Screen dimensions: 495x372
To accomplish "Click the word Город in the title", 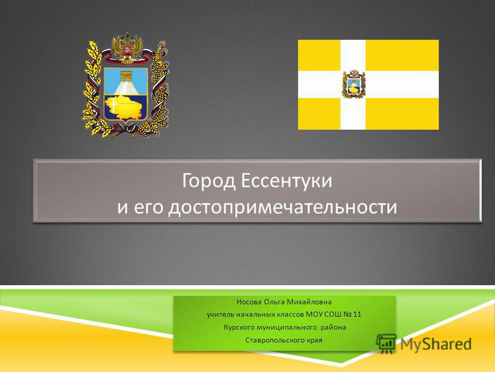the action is click(209, 182).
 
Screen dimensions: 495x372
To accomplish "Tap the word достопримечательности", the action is click(282, 208).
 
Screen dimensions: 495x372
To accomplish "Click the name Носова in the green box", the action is click(249, 302).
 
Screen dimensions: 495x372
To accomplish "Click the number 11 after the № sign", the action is click(357, 314).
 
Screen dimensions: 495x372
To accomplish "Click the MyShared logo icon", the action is click(386, 343).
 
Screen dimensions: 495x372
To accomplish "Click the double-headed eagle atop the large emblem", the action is click(127, 48).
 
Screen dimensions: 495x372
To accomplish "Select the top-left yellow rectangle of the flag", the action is click(319, 55).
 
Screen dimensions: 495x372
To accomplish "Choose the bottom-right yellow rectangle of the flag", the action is click(402, 113).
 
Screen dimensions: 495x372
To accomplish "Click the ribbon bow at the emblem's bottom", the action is click(126, 130).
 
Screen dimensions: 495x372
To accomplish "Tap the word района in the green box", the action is click(334, 327).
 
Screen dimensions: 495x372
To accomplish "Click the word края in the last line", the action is click(315, 340).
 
